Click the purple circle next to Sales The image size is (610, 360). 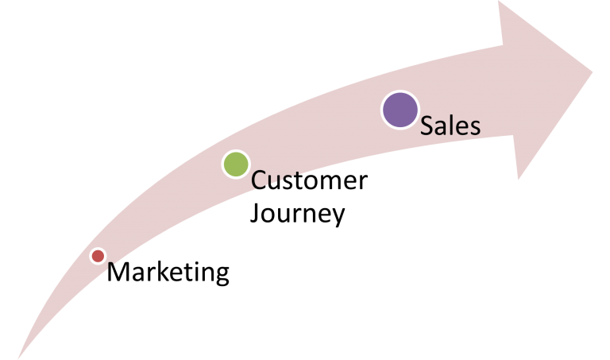click(400, 110)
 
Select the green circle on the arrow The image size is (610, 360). click(236, 165)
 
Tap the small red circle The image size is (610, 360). click(98, 256)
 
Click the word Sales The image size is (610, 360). click(450, 126)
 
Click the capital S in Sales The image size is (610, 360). click(427, 126)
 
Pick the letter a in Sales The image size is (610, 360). click(441, 128)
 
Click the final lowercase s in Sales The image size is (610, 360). click(474, 128)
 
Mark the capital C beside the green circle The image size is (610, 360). click(259, 181)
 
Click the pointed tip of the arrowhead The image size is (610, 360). click(593, 70)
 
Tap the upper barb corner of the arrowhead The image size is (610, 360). click(500, 2)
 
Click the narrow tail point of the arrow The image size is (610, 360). click(17, 358)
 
